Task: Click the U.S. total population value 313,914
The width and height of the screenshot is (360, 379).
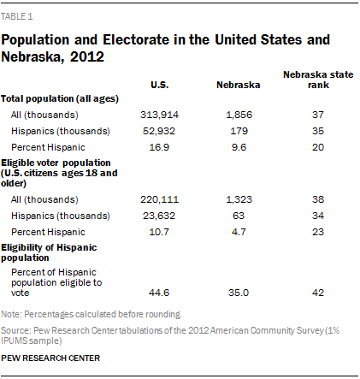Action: point(158,113)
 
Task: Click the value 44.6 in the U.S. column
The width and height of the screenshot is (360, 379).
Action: point(158,290)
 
